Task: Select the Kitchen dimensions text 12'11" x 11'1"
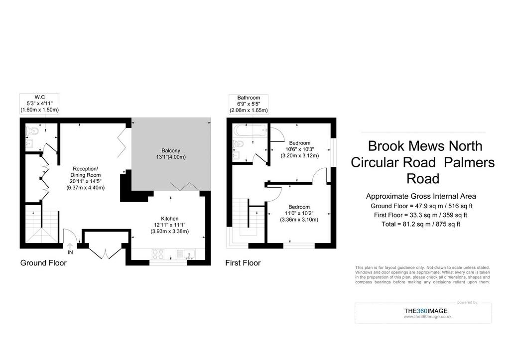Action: pyautogui.click(x=170, y=225)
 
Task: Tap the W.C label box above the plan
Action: pyautogui.click(x=39, y=104)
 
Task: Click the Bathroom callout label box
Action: pyautogui.click(x=249, y=104)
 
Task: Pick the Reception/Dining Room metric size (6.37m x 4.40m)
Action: pyautogui.click(x=85, y=188)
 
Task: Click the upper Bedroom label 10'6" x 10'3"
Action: pyautogui.click(x=300, y=149)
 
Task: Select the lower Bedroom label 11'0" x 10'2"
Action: pyautogui.click(x=299, y=213)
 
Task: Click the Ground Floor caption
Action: pyautogui.click(x=43, y=263)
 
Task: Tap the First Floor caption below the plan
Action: pyautogui.click(x=243, y=263)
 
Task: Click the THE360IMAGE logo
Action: pyautogui.click(x=426, y=311)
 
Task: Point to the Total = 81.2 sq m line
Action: pyautogui.click(x=420, y=224)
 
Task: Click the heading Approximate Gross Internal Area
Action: pyautogui.click(x=421, y=196)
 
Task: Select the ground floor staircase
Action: pyautogui.click(x=41, y=227)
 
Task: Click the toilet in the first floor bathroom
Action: pyautogui.click(x=239, y=143)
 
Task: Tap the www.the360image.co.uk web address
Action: pyautogui.click(x=427, y=317)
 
